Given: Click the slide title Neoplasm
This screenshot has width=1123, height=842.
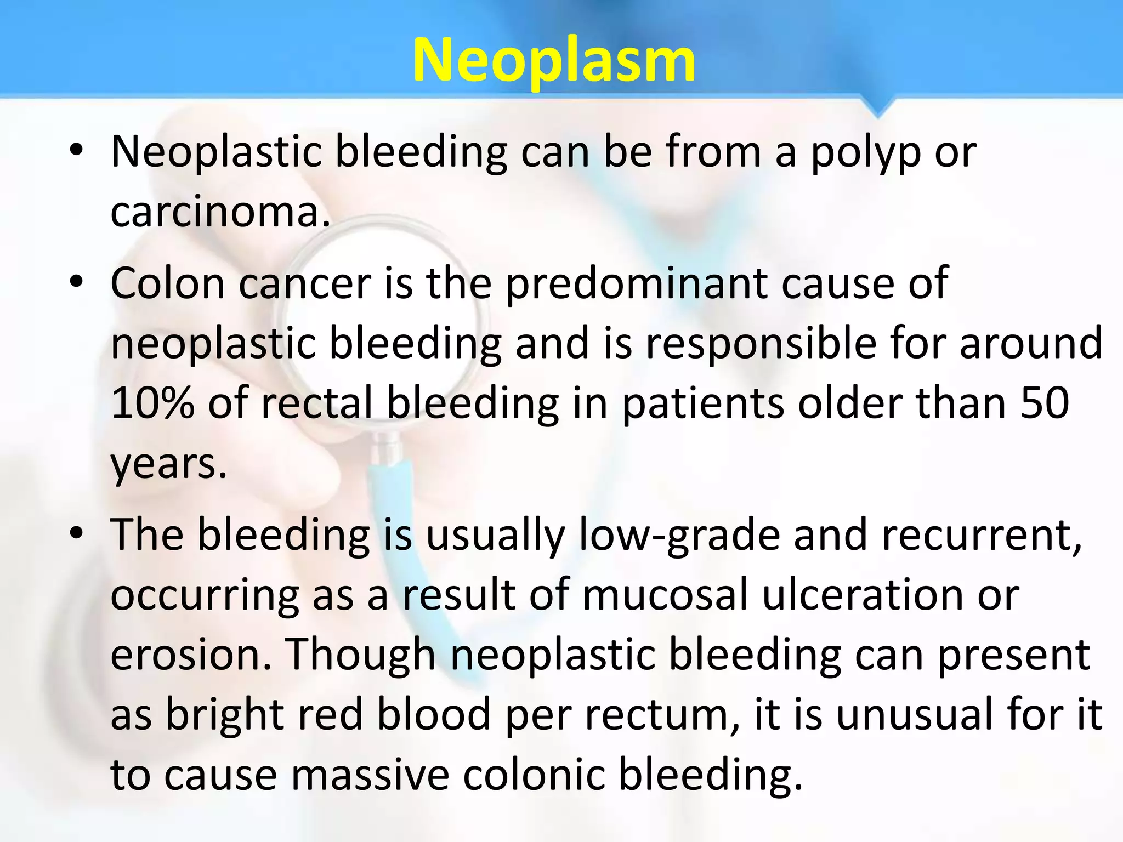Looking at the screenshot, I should point(554,60).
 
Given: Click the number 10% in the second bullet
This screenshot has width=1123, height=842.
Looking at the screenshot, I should point(153,403).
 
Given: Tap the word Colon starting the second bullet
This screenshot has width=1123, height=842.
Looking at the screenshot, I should point(168,284).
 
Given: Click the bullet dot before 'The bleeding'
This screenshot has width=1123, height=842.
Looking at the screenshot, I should point(76,533).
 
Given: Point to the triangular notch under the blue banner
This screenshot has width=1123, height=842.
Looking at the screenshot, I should point(878,107).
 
